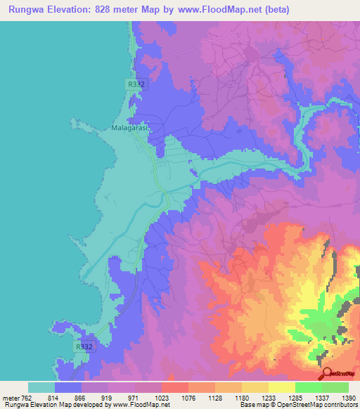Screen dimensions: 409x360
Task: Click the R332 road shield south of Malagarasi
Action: point(84,346)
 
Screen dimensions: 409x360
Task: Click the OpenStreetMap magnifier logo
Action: point(327,374)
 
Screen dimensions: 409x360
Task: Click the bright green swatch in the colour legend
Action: point(335,387)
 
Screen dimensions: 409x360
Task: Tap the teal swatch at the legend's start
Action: point(41,387)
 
